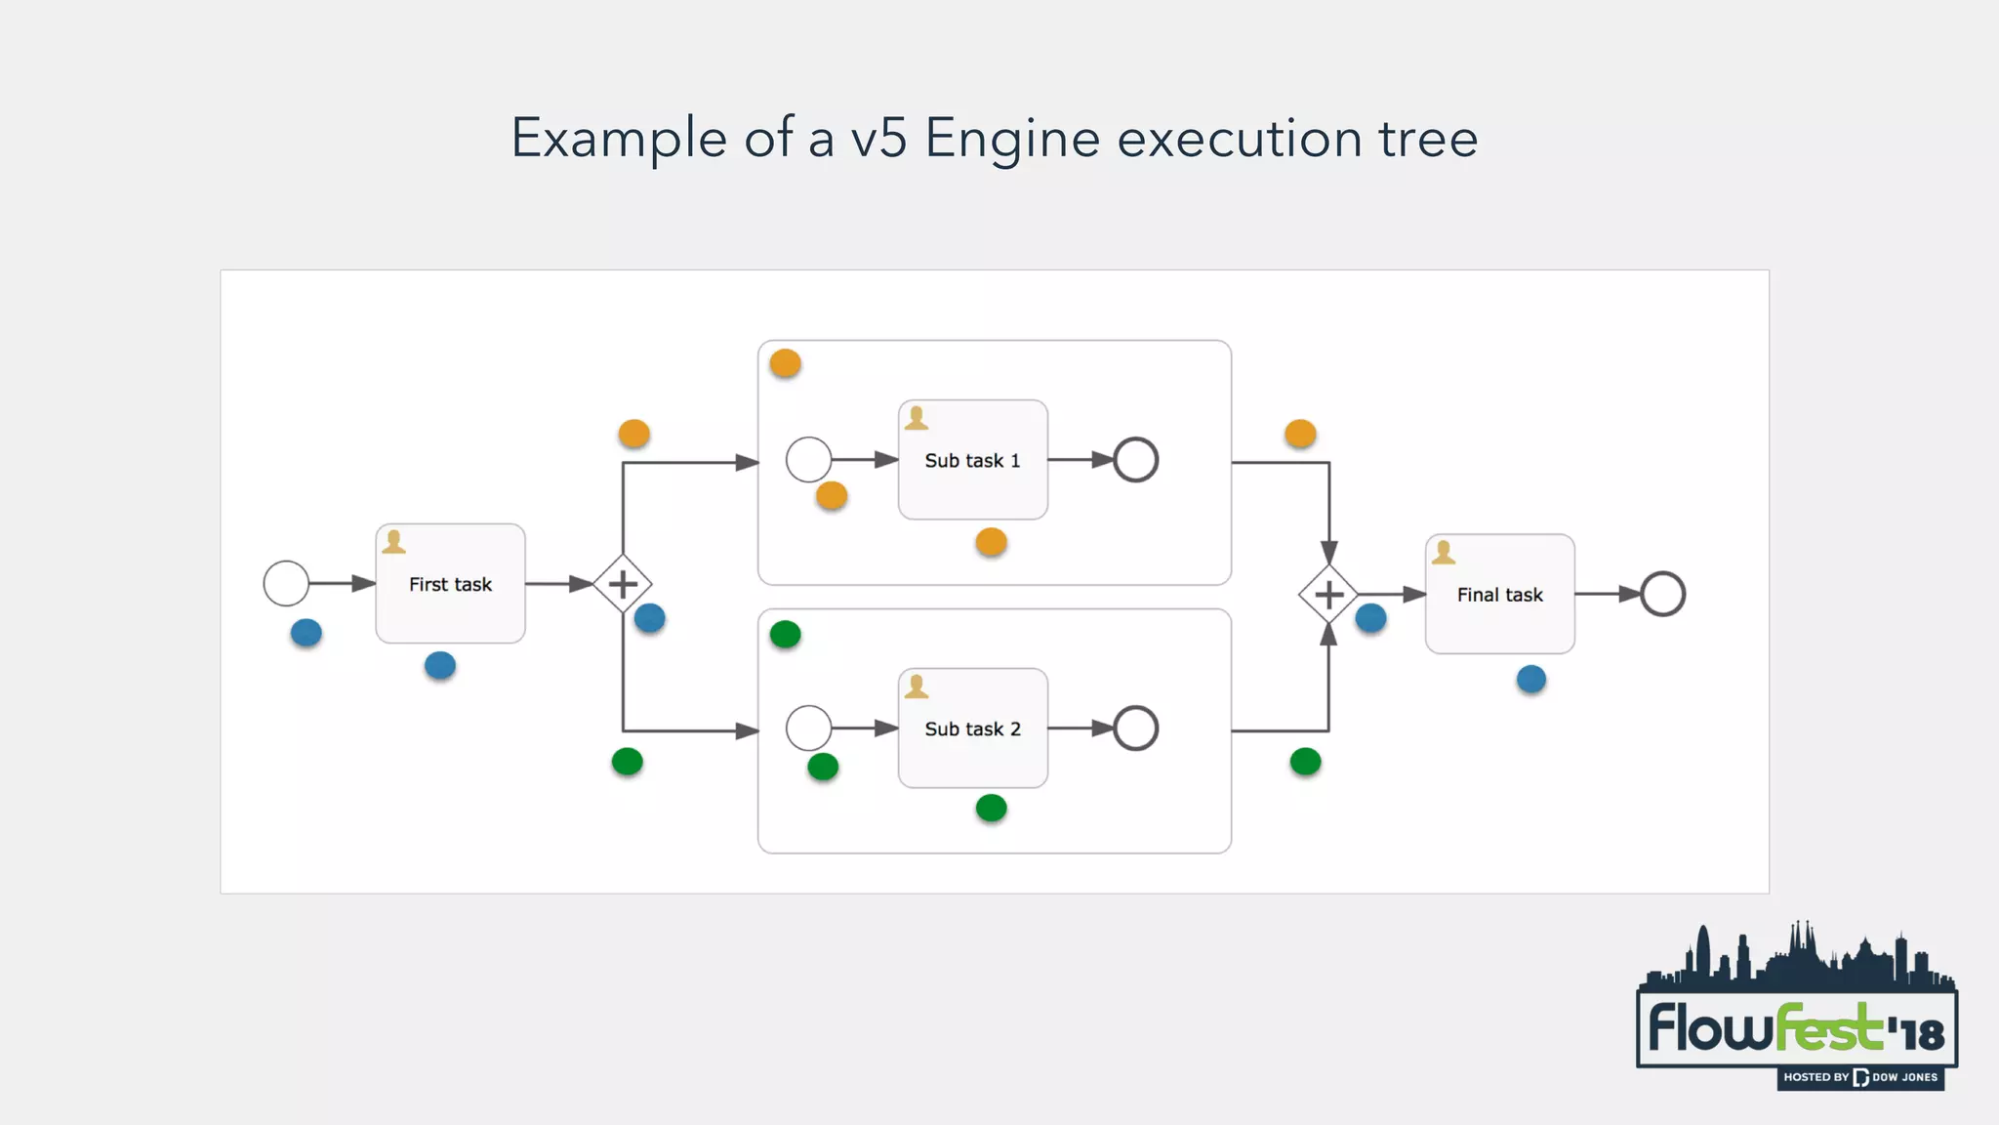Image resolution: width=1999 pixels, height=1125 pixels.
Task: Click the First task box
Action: click(x=450, y=584)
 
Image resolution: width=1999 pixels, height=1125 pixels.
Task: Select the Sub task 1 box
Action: click(x=972, y=460)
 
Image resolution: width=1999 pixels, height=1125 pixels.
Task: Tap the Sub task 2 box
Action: click(x=972, y=729)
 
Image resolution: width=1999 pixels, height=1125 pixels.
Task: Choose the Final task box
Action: click(x=1499, y=594)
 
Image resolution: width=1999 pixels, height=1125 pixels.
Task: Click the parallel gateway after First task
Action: click(x=623, y=584)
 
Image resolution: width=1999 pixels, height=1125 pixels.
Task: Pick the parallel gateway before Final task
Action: click(x=1328, y=594)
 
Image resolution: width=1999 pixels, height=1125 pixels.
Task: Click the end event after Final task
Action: click(x=1662, y=594)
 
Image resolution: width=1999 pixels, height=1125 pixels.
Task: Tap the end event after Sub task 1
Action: click(x=1136, y=460)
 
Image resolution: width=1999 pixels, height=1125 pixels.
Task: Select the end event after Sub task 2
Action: click(x=1136, y=729)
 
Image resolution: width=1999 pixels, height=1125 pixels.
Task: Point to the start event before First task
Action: click(x=286, y=584)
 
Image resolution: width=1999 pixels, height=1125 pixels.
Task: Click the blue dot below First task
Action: click(x=440, y=666)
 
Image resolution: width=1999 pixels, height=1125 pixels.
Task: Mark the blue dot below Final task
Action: click(x=1531, y=679)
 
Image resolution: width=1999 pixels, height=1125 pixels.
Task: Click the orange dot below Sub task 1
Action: click(x=991, y=542)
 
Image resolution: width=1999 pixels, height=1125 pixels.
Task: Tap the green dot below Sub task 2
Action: click(x=991, y=808)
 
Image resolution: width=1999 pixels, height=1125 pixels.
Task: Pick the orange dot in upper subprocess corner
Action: click(x=785, y=364)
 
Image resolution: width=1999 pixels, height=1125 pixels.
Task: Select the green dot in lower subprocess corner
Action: click(x=785, y=635)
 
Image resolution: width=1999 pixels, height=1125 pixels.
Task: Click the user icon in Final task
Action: click(x=1444, y=554)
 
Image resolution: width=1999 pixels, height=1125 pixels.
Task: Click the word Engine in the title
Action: click(x=1012, y=139)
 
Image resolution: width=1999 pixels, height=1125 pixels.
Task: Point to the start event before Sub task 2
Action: click(x=808, y=729)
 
